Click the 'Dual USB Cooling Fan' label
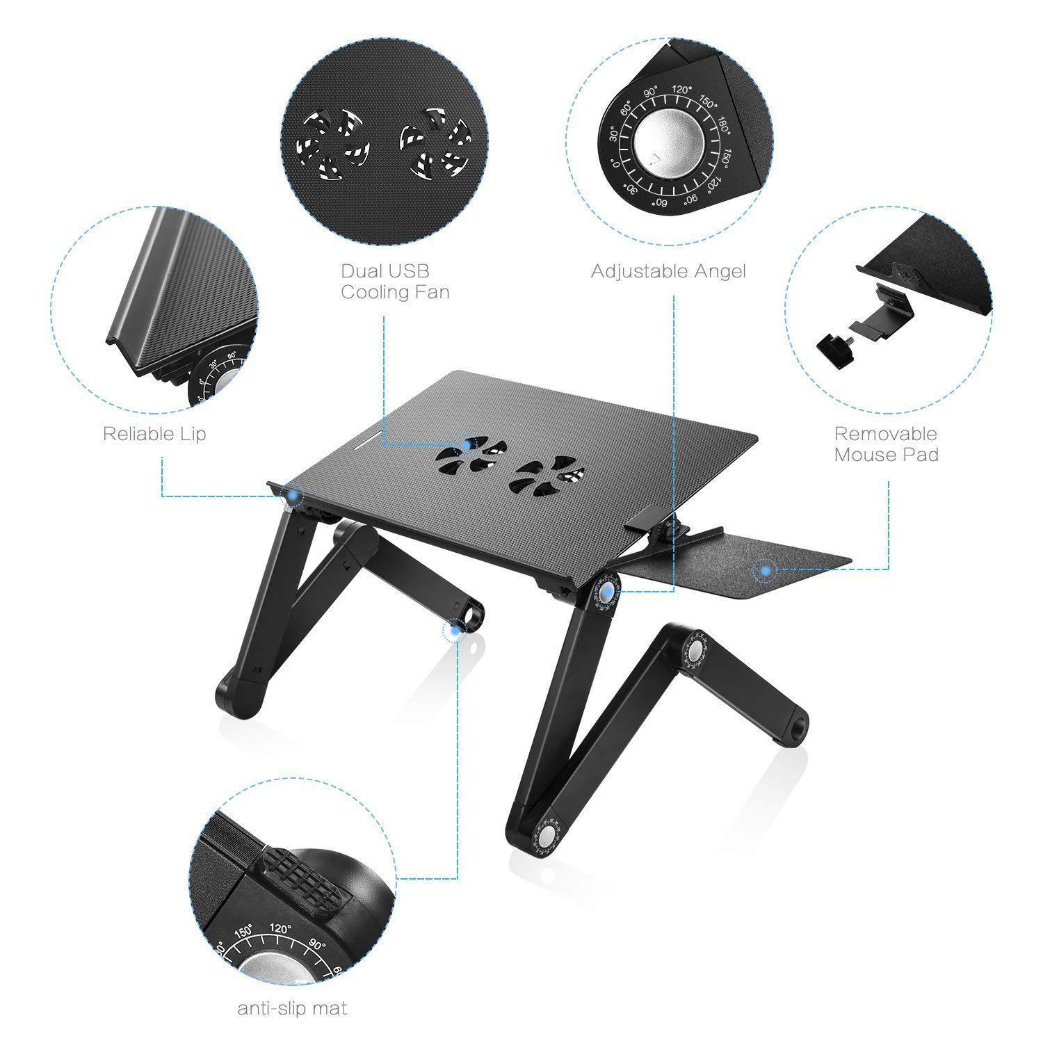(394, 281)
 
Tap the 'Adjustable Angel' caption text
(668, 271)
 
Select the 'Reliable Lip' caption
(154, 435)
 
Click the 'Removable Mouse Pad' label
(886, 444)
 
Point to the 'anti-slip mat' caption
(292, 1008)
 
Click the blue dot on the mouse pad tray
(765, 571)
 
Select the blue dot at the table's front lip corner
(296, 495)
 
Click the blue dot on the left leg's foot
(456, 630)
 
